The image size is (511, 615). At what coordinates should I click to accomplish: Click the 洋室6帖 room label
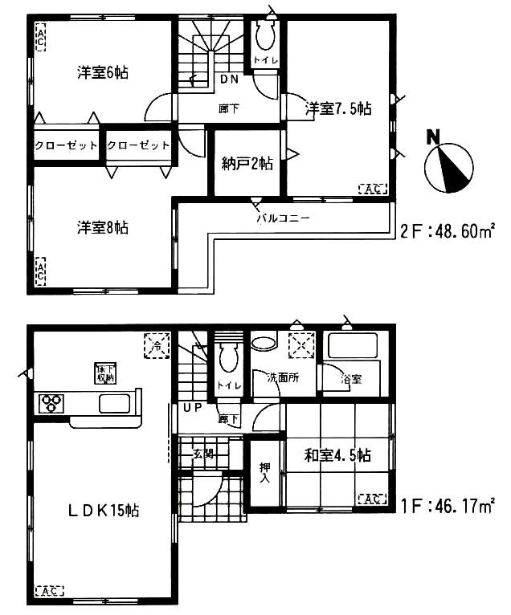(x=103, y=73)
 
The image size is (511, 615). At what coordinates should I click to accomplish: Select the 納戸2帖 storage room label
(x=247, y=164)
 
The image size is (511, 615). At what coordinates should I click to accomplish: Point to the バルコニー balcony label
(x=283, y=217)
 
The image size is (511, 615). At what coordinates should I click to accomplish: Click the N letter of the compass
(x=433, y=136)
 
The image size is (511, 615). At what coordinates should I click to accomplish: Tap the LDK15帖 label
(x=103, y=510)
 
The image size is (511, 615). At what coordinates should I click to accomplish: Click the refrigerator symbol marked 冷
(x=155, y=345)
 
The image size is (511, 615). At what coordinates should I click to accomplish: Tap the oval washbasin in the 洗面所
(x=263, y=343)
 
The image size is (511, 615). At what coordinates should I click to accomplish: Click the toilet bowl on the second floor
(x=264, y=35)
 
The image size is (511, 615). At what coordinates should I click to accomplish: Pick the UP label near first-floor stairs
(x=193, y=408)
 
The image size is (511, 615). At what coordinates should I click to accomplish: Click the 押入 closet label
(x=264, y=474)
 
